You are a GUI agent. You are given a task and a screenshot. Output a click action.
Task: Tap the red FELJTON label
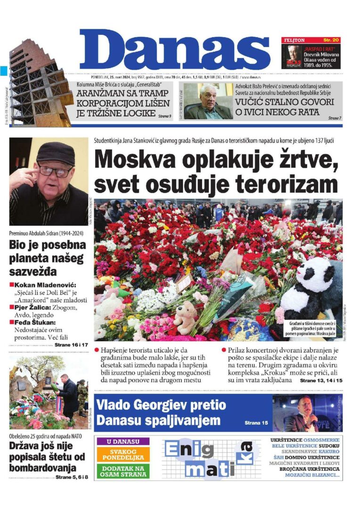(295, 41)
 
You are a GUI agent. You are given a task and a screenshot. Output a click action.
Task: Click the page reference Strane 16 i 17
(71, 345)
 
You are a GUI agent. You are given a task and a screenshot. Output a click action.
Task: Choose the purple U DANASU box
(123, 442)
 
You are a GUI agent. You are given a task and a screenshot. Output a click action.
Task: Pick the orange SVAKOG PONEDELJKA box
(123, 455)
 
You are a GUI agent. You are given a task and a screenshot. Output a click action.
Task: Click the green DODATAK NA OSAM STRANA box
(123, 472)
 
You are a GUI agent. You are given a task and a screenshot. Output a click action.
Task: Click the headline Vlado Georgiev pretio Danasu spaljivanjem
(160, 412)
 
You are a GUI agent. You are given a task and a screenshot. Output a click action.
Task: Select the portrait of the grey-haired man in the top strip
(207, 101)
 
